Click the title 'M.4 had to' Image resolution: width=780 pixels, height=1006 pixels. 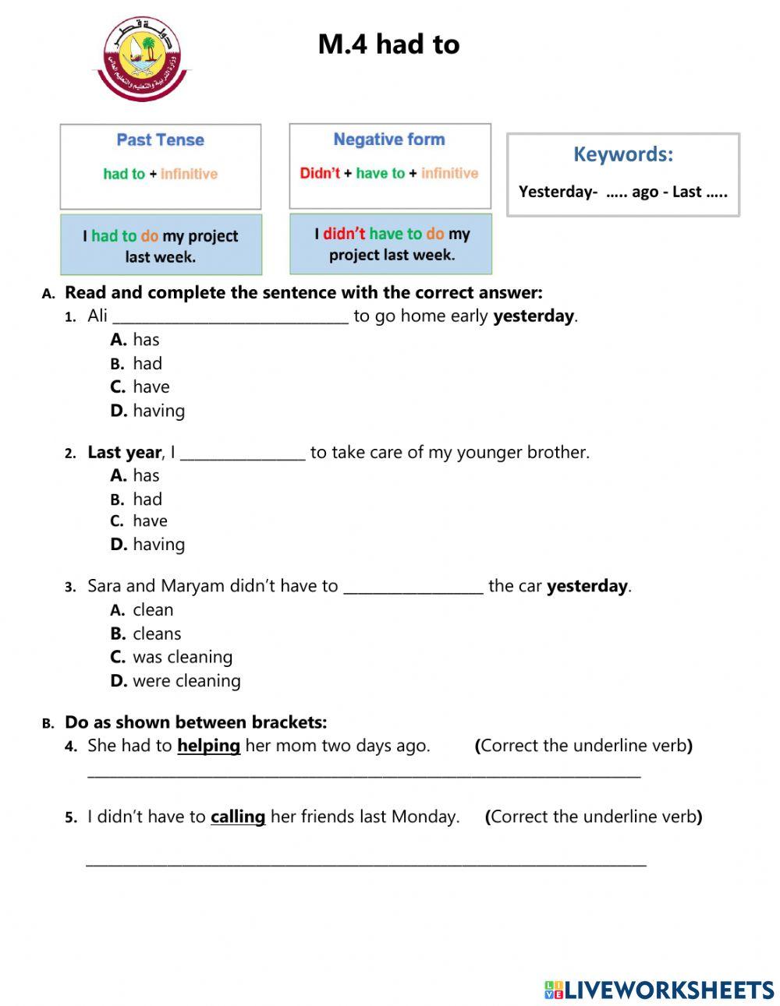[388, 44]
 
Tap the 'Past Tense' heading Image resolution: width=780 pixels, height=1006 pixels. [160, 140]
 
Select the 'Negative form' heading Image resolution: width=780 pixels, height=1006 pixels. [389, 139]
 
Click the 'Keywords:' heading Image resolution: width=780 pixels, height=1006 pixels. [622, 154]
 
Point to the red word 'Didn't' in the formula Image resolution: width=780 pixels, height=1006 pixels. [320, 173]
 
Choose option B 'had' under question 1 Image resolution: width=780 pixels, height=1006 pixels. [147, 363]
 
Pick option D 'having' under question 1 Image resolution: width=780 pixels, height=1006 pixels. [158, 411]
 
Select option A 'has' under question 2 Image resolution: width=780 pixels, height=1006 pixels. [145, 475]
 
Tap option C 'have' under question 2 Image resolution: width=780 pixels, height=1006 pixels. [150, 521]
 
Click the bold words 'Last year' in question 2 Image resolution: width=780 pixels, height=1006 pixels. [124, 452]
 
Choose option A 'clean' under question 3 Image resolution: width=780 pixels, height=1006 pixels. [152, 610]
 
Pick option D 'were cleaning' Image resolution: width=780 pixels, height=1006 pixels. [186, 681]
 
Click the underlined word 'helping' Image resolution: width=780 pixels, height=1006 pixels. [208, 746]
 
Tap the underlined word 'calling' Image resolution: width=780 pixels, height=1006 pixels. [238, 817]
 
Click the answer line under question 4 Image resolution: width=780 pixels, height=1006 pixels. [363, 775]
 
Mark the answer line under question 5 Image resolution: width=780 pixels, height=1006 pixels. [365, 863]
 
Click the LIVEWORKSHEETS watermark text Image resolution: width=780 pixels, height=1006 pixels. [668, 990]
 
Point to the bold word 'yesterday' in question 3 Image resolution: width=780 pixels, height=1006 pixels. [587, 586]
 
